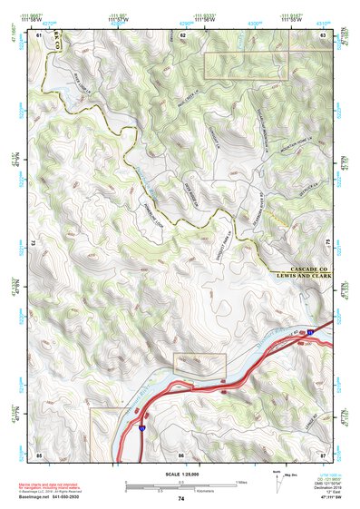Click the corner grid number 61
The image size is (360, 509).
[x=39, y=34]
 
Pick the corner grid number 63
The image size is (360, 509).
[x=324, y=34]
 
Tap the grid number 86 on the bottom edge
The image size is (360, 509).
[x=181, y=453]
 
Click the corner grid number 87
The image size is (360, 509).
[x=324, y=453]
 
